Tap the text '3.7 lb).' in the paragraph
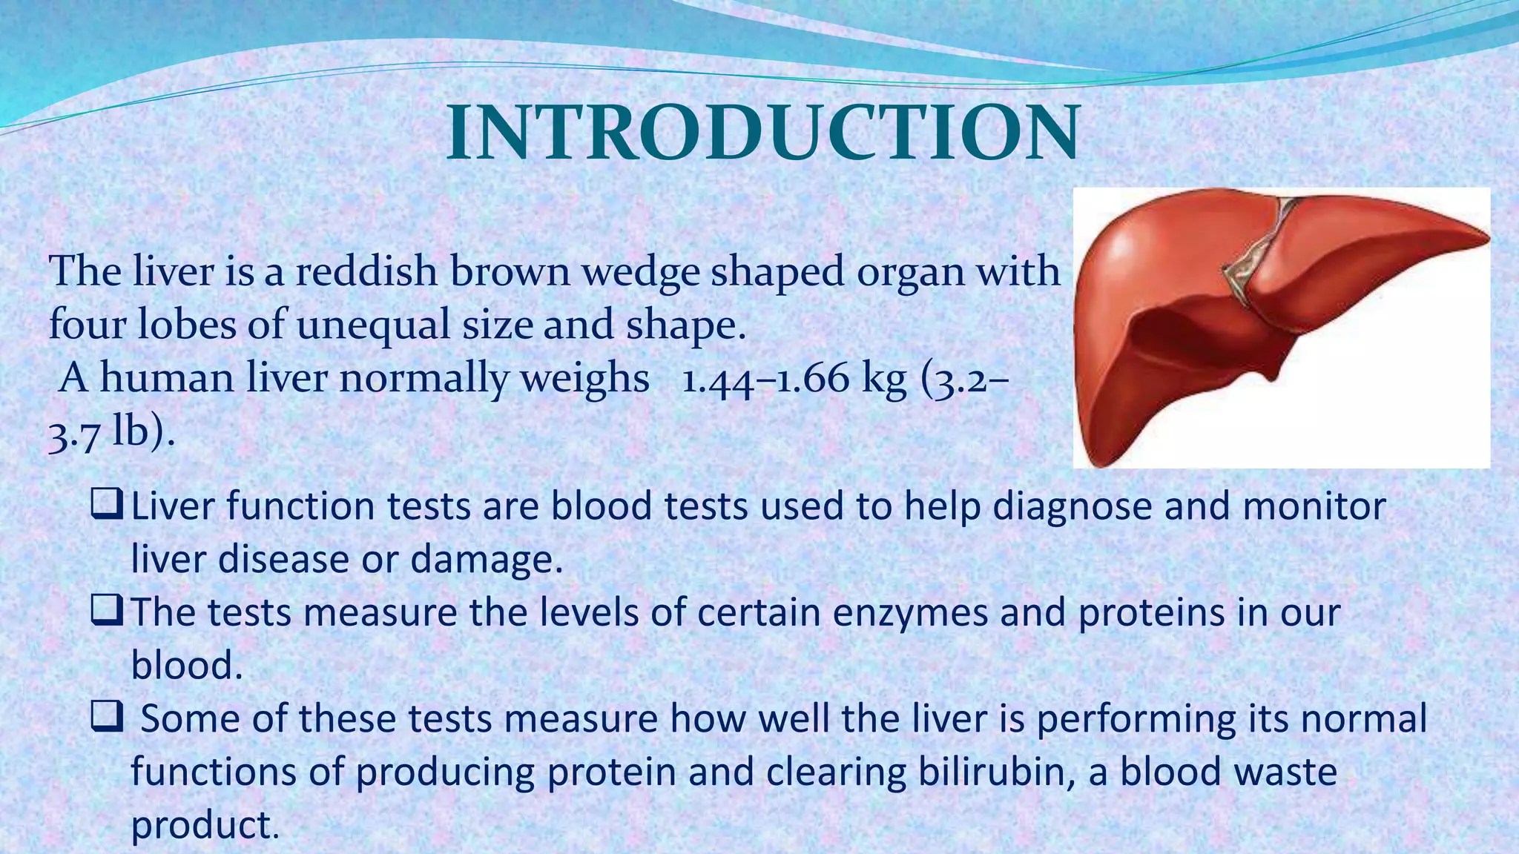point(111,432)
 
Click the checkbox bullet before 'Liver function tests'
point(106,505)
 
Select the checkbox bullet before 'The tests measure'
point(106,612)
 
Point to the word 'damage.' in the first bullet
point(487,560)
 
